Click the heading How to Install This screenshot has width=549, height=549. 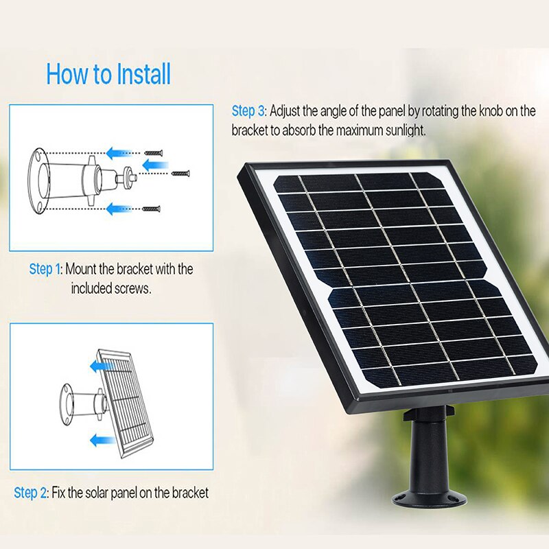click(108, 74)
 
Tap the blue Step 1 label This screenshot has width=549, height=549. click(45, 269)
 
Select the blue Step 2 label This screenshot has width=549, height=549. click(31, 493)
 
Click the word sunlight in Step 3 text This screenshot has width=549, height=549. click(403, 130)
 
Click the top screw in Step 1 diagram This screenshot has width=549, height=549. click(154, 152)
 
